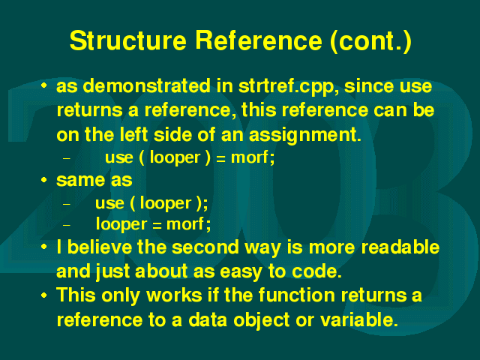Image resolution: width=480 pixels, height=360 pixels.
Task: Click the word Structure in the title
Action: click(128, 40)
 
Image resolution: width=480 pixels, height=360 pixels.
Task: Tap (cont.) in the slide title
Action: click(371, 41)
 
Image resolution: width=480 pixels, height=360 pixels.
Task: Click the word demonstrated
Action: click(147, 85)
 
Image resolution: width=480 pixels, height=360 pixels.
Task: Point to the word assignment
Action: click(305, 135)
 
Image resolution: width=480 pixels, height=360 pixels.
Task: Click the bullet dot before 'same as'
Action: click(44, 180)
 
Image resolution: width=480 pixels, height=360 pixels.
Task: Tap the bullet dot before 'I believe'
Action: click(44, 247)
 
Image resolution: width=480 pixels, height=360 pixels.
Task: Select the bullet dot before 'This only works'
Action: click(44, 295)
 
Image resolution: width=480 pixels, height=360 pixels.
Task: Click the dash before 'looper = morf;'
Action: click(67, 225)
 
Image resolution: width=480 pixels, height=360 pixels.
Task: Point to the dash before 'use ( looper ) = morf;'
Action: click(67, 158)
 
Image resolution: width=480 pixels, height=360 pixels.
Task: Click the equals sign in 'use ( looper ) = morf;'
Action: click(220, 158)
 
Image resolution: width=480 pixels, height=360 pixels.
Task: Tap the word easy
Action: click(241, 272)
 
